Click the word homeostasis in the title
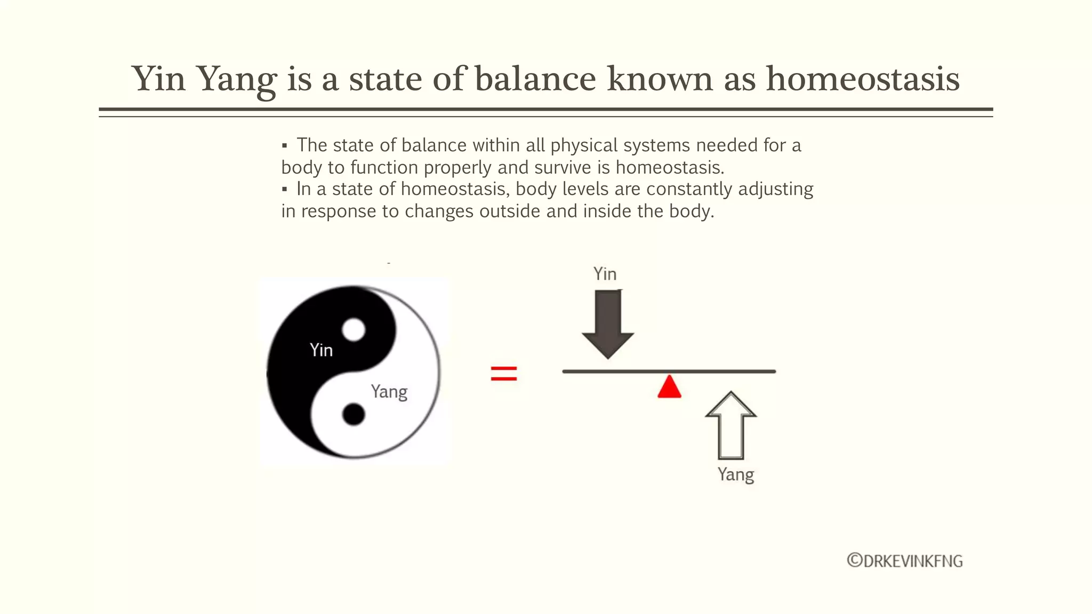coord(863,79)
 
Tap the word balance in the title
coord(535,79)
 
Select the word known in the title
coord(660,79)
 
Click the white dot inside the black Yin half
coord(353,329)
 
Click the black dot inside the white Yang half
coord(353,414)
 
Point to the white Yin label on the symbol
coord(321,350)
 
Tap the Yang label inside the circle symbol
coord(389,392)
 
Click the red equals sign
coord(504,373)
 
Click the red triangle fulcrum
coord(669,387)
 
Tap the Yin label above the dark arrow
coord(605,274)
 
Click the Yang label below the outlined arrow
coord(736,474)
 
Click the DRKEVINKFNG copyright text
coord(905,561)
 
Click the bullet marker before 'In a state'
coord(284,189)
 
